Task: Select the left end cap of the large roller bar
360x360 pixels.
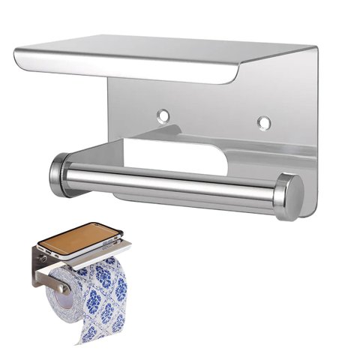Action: pos(59,173)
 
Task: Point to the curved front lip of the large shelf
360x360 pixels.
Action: pos(127,72)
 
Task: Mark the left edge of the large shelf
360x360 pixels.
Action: pos(16,55)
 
